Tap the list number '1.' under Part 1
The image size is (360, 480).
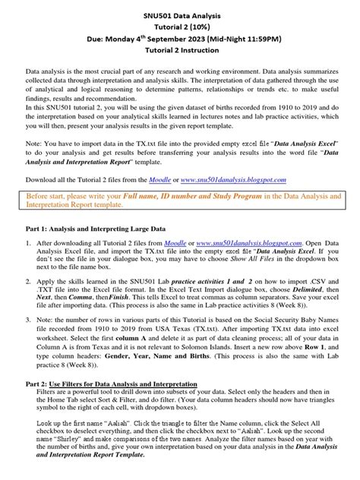coord(23,243)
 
